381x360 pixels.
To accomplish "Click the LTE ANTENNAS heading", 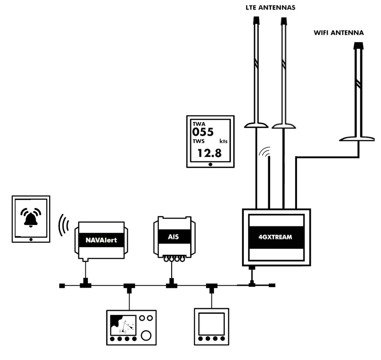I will pyautogui.click(x=270, y=7).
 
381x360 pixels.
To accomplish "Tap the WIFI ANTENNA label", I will pyautogui.click(x=339, y=33).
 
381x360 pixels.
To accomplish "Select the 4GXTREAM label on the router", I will pyautogui.click(x=276, y=237).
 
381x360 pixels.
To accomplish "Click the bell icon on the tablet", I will pyautogui.click(x=31, y=218).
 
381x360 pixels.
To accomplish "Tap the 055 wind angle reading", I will pyautogui.click(x=203, y=132).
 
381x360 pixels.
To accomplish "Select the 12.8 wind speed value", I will pyautogui.click(x=209, y=152).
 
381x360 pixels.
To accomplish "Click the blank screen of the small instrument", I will pyautogui.click(x=211, y=324).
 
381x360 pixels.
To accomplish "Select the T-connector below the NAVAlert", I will pyautogui.click(x=86, y=285).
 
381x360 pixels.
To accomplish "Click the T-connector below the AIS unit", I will pyautogui.click(x=172, y=285).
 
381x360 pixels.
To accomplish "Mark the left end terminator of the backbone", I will pyautogui.click(x=62, y=286).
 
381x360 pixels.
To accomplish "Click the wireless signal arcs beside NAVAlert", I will pyautogui.click(x=64, y=225).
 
